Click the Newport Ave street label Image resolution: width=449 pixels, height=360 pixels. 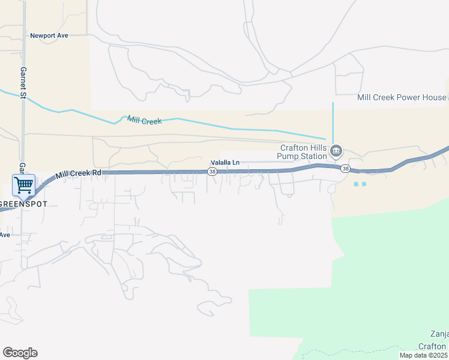point(49,35)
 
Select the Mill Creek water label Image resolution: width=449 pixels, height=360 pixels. point(144,120)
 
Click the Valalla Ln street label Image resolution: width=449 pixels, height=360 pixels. point(225,162)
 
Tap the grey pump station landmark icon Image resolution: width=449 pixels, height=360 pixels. point(336,149)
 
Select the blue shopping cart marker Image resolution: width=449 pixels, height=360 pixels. point(23,184)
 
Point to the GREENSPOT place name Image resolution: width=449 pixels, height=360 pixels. point(23,204)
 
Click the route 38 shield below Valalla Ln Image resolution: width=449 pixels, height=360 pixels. point(212,172)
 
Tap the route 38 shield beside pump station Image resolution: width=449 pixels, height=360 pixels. point(345,169)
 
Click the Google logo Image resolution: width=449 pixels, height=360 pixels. point(20,353)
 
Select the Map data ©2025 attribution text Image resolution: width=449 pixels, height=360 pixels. point(424,355)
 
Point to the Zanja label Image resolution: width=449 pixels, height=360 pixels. point(439,334)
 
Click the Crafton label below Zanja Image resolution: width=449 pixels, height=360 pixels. point(432,346)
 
